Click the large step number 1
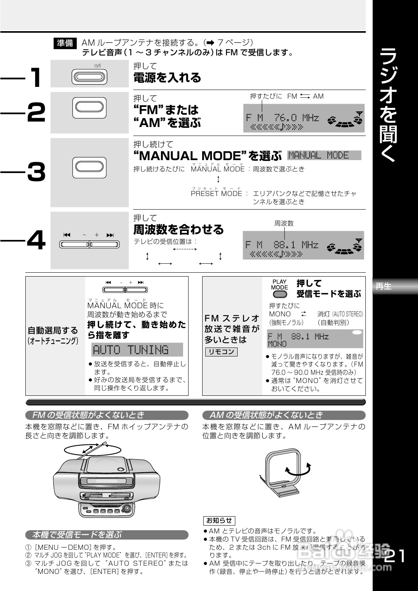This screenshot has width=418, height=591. tap(36, 78)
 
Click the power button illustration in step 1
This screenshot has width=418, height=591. tap(89, 76)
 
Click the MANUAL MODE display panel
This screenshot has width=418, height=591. tap(324, 155)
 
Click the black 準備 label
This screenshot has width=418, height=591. tap(65, 43)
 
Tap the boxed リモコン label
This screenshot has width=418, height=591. tap(221, 352)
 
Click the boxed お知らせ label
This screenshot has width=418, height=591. tap(219, 520)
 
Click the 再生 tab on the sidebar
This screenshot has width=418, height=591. tap(384, 286)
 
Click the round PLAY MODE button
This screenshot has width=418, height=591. tap(280, 295)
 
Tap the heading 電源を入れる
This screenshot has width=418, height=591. tap(167, 78)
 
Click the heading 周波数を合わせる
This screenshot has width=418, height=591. tap(178, 229)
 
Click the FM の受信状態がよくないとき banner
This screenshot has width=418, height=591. tap(106, 415)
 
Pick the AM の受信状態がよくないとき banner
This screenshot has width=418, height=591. tap(284, 415)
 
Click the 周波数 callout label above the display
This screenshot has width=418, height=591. tap(284, 223)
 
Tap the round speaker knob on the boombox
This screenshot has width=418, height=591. tap(126, 508)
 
